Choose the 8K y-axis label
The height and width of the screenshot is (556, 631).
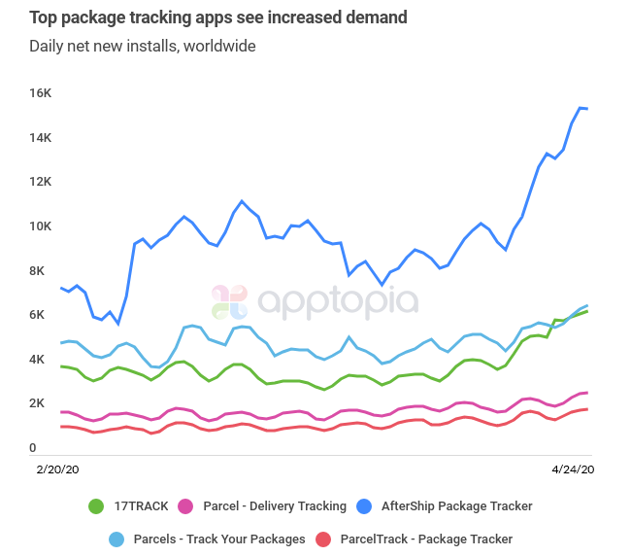[x=42, y=271]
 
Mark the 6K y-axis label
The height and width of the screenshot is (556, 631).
[x=42, y=315]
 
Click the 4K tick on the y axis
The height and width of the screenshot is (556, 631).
[x=42, y=360]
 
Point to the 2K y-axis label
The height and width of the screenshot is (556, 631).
[x=42, y=403]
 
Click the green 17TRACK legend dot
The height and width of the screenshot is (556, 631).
[x=96, y=506]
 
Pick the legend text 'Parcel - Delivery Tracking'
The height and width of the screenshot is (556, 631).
[x=275, y=506]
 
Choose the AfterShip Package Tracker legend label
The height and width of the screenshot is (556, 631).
[x=456, y=506]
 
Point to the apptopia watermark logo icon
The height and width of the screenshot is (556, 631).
[x=230, y=302]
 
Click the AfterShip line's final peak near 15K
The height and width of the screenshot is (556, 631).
[x=581, y=108]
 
